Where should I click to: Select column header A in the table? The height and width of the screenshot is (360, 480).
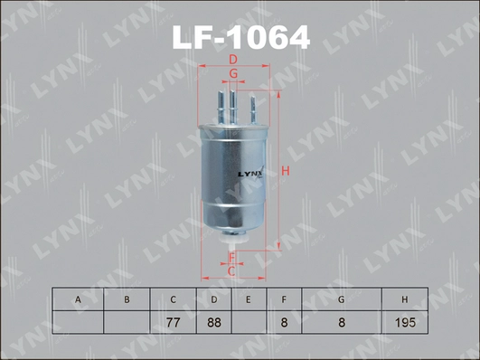[78, 299]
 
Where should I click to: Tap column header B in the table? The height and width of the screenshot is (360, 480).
[127, 299]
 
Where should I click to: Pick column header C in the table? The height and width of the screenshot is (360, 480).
[173, 299]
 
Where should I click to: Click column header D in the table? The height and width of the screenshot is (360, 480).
[213, 299]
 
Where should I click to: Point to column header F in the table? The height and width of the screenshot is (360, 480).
[284, 299]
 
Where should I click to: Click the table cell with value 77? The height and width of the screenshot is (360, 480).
[173, 322]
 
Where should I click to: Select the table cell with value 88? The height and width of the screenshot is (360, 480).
[213, 322]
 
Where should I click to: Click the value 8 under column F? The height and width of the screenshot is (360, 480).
[284, 322]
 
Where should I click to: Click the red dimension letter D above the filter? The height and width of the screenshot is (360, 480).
[232, 60]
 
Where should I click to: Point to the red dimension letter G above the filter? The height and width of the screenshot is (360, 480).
[232, 73]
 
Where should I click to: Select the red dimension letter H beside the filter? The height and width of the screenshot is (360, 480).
[284, 171]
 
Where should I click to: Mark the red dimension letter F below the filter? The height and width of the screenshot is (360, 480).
[231, 258]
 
